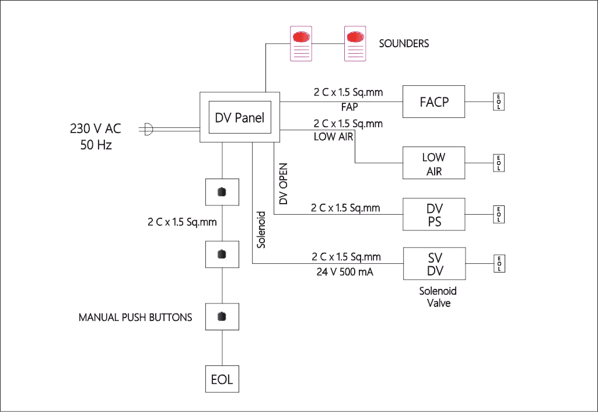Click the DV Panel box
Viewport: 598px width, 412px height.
240,117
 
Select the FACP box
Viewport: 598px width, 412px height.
434,102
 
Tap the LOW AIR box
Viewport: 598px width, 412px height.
434,164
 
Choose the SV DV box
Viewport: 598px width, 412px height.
434,263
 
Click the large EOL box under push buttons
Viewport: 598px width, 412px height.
222,379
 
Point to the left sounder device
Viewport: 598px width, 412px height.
301,44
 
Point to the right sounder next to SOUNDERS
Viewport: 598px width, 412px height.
355,44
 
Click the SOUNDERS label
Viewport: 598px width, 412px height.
404,44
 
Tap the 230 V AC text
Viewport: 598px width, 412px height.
96,129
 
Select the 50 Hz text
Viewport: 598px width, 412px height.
96,145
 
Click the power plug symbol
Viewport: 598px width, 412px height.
148,129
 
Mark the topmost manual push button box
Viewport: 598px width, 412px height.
222,193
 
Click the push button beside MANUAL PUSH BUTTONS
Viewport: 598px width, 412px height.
222,317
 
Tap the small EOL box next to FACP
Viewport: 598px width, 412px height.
499,102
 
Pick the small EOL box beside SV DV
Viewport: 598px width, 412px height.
499,263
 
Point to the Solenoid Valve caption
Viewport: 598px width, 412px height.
438,297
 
